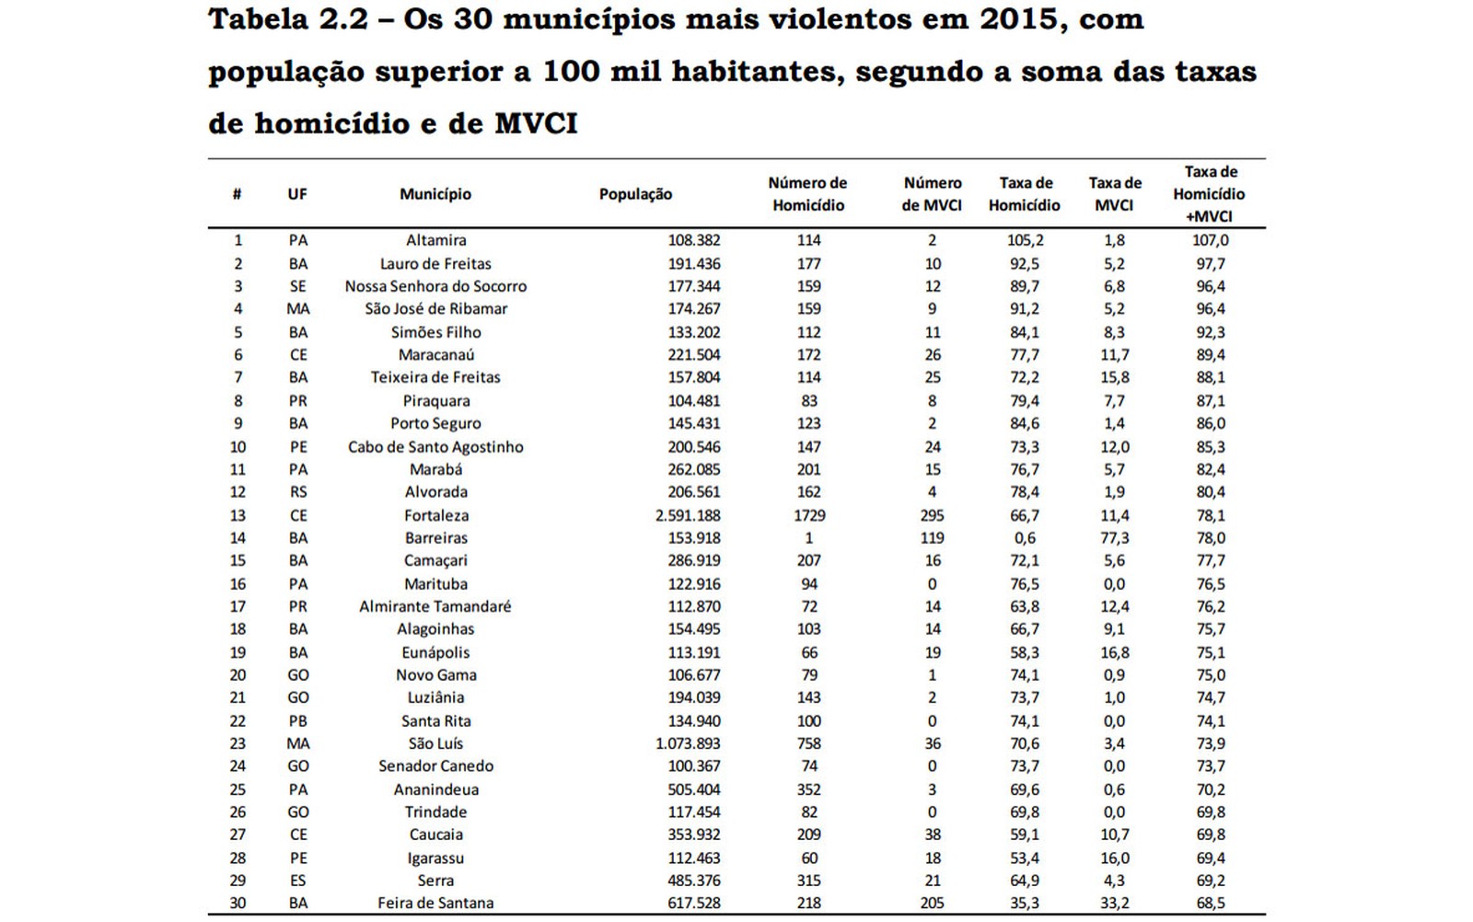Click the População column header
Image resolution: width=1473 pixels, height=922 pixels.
point(635,194)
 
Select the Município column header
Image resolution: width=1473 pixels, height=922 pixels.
point(435,194)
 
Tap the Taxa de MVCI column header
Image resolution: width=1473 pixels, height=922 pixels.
point(1115,194)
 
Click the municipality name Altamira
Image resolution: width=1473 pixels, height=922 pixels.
point(435,240)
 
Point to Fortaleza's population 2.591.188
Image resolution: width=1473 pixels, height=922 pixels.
point(688,515)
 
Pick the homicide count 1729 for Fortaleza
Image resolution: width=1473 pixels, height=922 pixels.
point(809,515)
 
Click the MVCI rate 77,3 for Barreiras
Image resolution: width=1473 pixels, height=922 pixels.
point(1115,538)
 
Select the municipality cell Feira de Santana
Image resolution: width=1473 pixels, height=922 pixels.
point(435,904)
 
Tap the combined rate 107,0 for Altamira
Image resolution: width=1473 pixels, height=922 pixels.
point(1211,240)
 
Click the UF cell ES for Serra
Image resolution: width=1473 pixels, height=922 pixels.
point(297,881)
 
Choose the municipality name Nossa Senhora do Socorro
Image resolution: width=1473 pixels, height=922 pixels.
point(435,286)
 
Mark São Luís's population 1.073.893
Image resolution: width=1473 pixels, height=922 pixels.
point(688,743)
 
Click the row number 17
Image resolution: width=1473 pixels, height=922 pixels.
point(238,606)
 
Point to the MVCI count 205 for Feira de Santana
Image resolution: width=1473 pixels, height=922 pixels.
point(932,904)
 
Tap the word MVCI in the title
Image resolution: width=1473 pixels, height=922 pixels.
point(536,124)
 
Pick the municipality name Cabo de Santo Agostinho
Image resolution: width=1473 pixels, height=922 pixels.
point(435,447)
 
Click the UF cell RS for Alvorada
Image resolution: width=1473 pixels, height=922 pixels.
point(297,492)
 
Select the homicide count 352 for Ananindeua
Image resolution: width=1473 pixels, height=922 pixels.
point(809,789)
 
